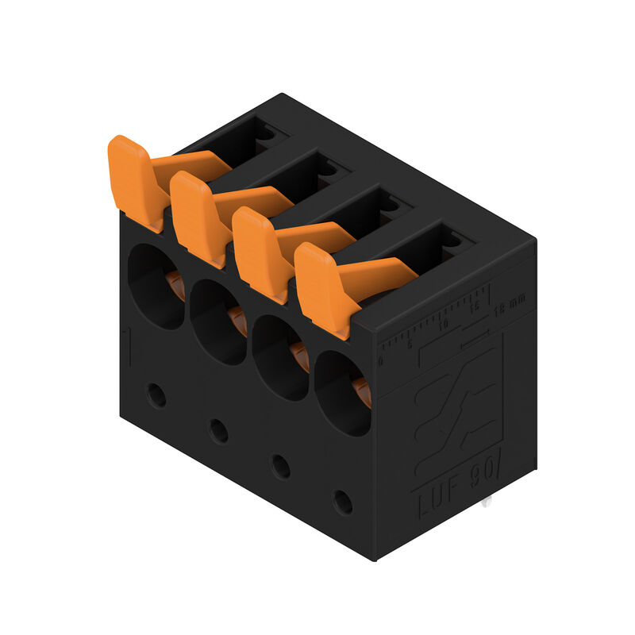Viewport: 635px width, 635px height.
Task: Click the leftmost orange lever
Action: [x=137, y=180]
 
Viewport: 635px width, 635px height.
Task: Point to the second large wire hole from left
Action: [x=216, y=322]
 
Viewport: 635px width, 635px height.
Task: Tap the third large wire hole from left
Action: [x=279, y=358]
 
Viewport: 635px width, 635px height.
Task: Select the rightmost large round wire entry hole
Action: [x=341, y=394]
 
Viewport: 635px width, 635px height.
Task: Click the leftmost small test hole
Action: [x=157, y=394]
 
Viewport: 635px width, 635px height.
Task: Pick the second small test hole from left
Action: [x=219, y=430]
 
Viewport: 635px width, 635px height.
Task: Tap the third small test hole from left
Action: [x=280, y=466]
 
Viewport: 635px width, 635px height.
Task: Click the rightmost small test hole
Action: [x=343, y=502]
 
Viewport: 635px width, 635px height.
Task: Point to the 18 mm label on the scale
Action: [x=509, y=302]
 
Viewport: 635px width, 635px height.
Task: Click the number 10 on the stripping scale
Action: [x=443, y=325]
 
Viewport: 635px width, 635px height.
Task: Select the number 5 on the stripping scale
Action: [x=410, y=344]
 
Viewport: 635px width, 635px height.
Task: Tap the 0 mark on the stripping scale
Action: [x=381, y=362]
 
